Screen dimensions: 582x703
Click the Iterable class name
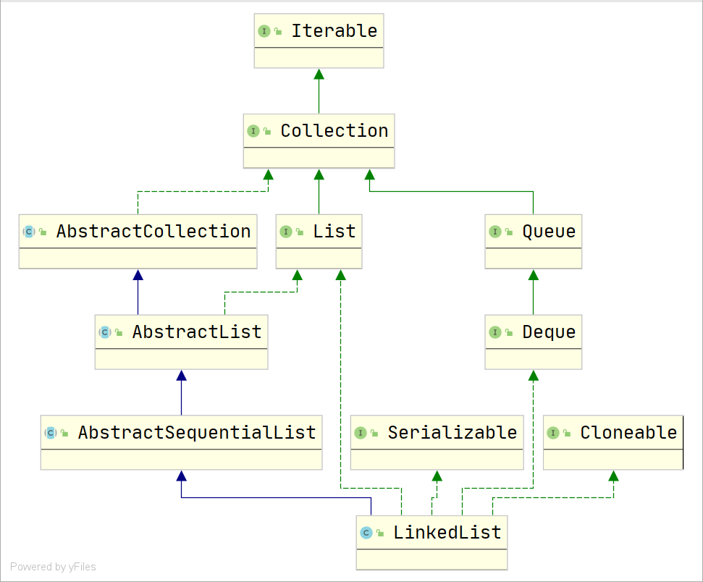point(334,31)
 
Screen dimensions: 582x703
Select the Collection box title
point(334,131)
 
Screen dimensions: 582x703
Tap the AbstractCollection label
point(153,232)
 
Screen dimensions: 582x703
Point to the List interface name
point(334,232)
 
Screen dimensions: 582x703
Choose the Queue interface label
point(549,232)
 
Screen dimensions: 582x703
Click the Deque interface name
point(549,332)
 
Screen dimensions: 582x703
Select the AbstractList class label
point(196,332)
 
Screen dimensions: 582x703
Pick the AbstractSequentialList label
point(196,433)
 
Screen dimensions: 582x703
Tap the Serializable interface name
point(452,433)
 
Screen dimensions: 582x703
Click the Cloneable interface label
point(628,433)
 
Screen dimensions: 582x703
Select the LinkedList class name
point(447,533)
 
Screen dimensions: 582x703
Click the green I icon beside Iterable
point(264,31)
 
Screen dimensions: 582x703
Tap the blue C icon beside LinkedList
point(366,533)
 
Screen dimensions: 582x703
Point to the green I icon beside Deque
point(495,332)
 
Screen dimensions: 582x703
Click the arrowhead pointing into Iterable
point(319,74)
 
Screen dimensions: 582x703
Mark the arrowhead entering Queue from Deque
point(534,275)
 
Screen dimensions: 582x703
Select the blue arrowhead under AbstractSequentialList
point(182,476)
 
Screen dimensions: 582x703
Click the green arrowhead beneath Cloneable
point(614,476)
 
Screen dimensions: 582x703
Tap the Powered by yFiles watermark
point(53,567)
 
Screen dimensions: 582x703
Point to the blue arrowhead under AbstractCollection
point(138,275)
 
